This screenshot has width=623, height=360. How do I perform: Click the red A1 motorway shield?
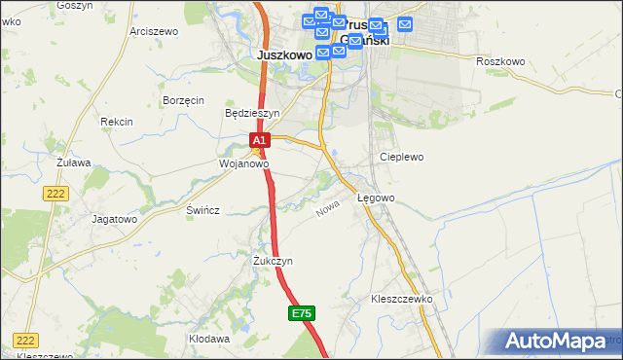coord(259,141)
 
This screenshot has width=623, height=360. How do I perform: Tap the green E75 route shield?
coord(302,313)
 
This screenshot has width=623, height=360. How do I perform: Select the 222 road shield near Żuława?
coord(55,195)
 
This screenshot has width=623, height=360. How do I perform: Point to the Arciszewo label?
coord(153,31)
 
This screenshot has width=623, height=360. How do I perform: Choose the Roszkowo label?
coord(500,61)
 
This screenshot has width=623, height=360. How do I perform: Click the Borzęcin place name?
coord(183,100)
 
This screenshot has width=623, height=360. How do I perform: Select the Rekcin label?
coord(116,122)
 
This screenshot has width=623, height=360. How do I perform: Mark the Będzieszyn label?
coord(252,113)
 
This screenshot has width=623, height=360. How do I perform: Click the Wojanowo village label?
coord(242,164)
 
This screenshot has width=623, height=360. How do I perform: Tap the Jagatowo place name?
coord(115,219)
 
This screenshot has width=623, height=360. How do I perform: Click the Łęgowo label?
coord(375,198)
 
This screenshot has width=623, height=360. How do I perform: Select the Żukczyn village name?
coord(273,262)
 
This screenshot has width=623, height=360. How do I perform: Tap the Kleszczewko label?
coord(401,299)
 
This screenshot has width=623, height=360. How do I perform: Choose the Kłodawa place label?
coord(209,339)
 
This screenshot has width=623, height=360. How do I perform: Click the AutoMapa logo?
coord(562,341)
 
